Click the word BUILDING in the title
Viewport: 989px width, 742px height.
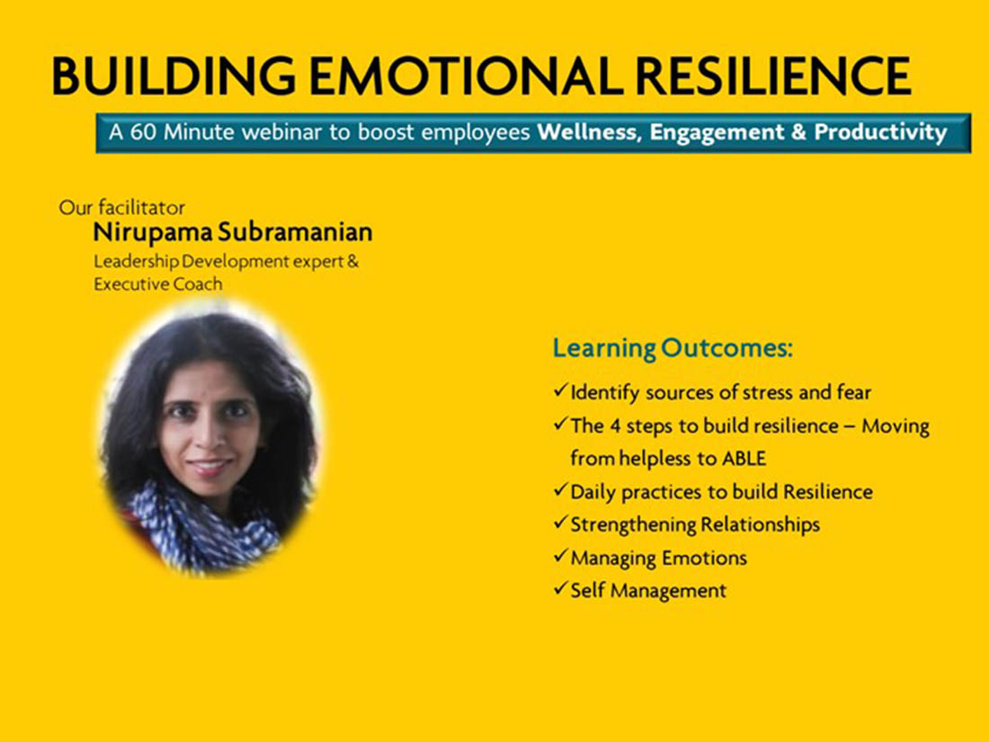tap(174, 76)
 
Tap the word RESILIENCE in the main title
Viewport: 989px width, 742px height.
tap(773, 76)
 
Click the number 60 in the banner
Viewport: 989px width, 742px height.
tap(144, 132)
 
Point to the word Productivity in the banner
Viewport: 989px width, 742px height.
tap(880, 132)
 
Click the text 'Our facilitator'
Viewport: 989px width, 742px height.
tap(121, 208)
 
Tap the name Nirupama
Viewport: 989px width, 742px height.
tap(153, 233)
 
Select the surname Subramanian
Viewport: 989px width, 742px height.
tap(295, 232)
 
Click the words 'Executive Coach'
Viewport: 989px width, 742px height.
tap(157, 284)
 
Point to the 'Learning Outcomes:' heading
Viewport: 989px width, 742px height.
tap(673, 348)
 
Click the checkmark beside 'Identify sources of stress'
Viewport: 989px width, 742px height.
tap(561, 390)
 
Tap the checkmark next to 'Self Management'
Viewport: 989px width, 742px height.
tap(561, 589)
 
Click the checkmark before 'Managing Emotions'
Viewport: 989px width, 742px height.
tap(561, 556)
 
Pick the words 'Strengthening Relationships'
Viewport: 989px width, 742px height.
tap(695, 524)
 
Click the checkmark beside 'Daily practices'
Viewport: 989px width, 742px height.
tap(561, 489)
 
